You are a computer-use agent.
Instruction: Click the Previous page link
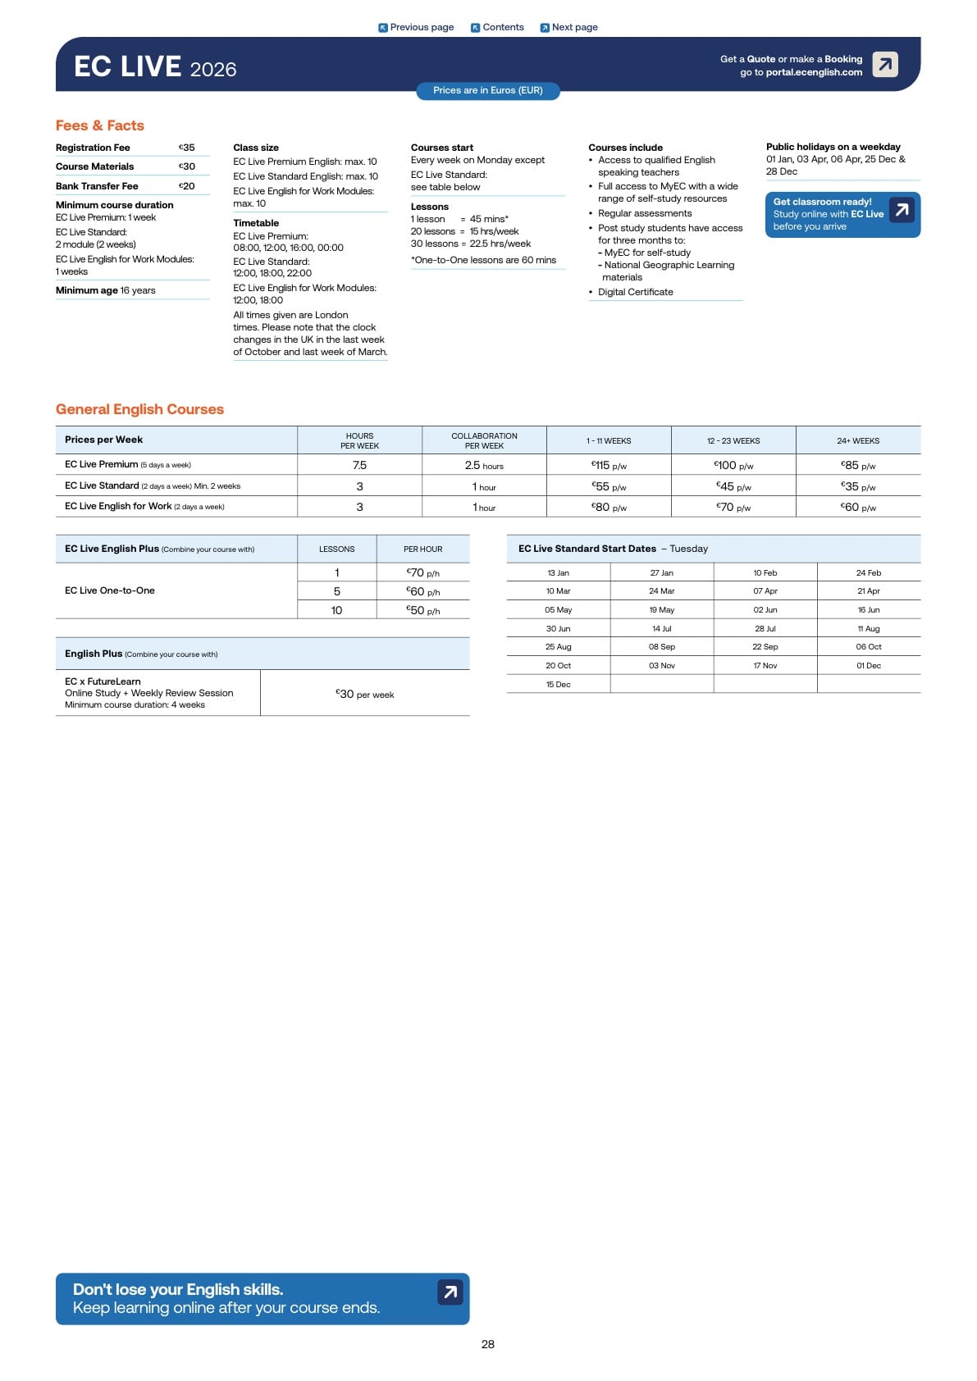[416, 27]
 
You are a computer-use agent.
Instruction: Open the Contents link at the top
[497, 27]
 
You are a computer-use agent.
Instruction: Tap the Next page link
[568, 27]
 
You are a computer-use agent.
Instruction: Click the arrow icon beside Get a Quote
[884, 64]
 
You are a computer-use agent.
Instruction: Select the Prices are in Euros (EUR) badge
[487, 90]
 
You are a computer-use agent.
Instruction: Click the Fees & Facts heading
[100, 125]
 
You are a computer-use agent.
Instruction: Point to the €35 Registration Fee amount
[187, 148]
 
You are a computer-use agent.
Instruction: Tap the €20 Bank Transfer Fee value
[187, 186]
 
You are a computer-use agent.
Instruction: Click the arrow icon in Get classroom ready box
[902, 210]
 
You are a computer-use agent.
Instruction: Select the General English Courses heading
[139, 409]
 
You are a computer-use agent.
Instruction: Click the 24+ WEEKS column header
[857, 440]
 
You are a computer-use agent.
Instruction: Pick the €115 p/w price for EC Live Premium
[609, 465]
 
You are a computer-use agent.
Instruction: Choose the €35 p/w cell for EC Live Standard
[857, 486]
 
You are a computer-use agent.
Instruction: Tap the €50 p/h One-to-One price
[422, 610]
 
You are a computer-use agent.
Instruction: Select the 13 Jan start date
[558, 572]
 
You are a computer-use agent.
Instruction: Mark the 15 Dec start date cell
[558, 684]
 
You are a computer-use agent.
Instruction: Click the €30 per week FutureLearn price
[364, 694]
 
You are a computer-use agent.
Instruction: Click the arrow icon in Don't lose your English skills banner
[450, 1292]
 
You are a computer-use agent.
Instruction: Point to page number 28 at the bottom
[488, 1344]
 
